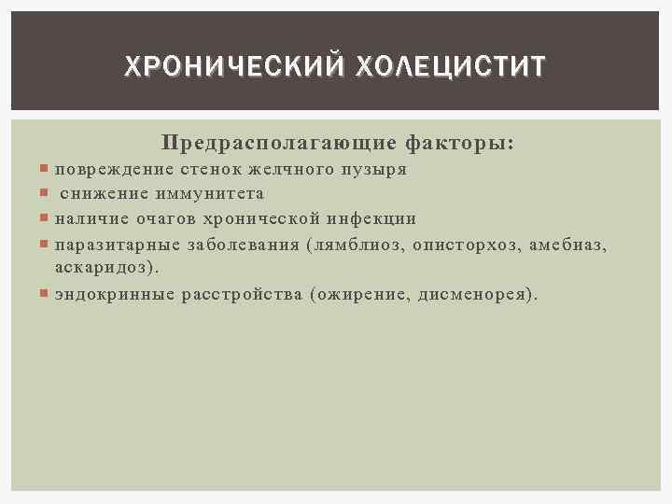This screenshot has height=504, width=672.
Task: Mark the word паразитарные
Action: click(x=112, y=245)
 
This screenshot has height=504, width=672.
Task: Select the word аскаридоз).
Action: click(x=105, y=268)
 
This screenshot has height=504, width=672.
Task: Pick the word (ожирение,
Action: click(x=362, y=294)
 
